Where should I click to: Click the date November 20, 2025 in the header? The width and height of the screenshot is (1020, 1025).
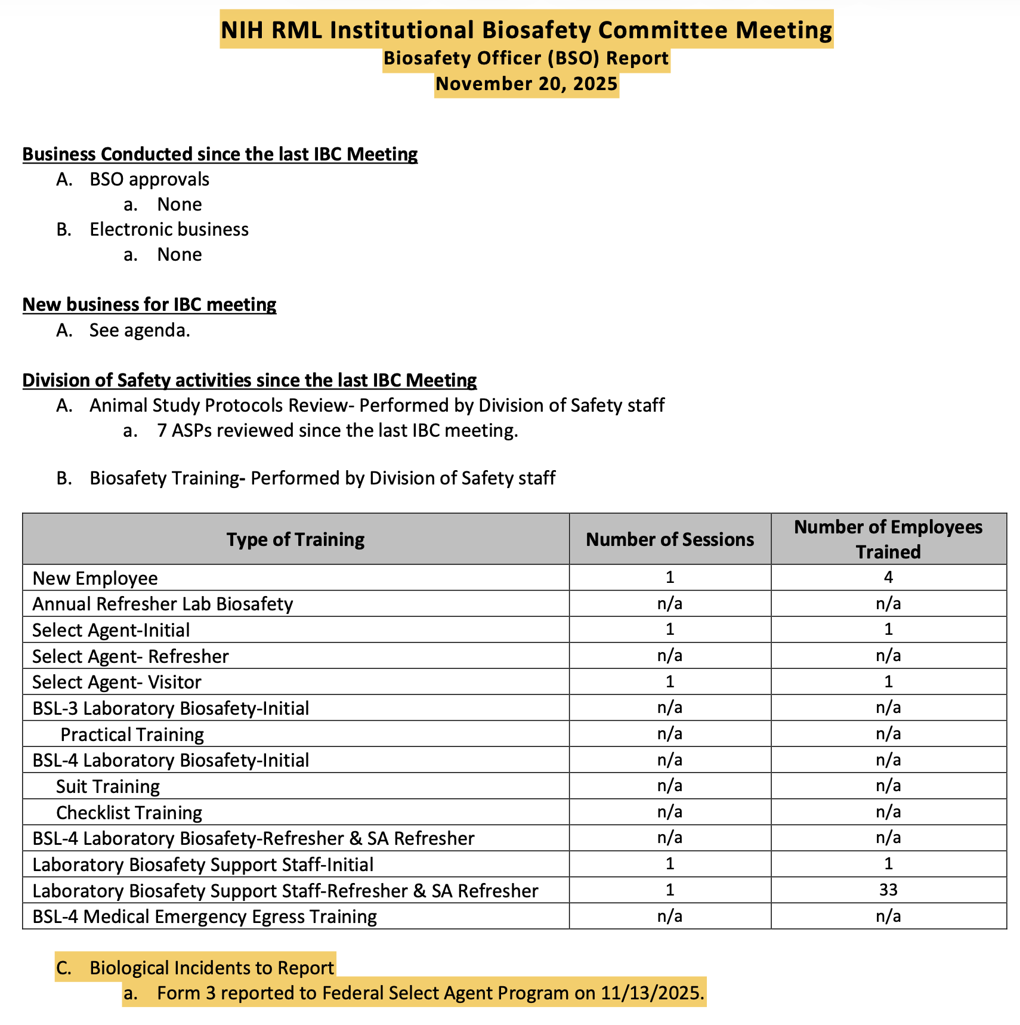[526, 84]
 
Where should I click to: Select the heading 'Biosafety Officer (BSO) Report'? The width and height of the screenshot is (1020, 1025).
[526, 58]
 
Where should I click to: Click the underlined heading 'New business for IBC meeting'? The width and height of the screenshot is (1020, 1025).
[149, 305]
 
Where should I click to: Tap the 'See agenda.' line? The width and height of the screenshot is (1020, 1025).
[140, 330]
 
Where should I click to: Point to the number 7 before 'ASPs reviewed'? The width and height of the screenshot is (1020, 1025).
[162, 431]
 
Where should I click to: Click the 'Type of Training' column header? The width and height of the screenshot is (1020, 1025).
[295, 539]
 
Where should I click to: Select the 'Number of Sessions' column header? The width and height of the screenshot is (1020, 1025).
[670, 539]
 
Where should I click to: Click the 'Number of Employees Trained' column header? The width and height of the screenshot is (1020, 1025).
[888, 539]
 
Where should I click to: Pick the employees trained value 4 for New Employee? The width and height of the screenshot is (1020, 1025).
[888, 578]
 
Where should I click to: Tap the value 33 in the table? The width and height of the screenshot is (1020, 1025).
[888, 890]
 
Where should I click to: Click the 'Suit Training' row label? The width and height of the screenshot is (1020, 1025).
[108, 786]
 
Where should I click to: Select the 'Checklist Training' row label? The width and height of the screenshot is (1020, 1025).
[129, 813]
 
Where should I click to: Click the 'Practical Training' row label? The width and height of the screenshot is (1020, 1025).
[132, 734]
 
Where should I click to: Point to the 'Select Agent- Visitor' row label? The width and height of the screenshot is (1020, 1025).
[117, 682]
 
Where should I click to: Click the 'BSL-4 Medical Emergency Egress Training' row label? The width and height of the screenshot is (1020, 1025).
[205, 916]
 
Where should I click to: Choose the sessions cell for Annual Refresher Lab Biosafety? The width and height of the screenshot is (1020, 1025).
[670, 604]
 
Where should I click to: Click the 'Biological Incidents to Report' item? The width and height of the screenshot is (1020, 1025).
[212, 968]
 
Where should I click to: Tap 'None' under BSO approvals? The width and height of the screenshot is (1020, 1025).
[180, 205]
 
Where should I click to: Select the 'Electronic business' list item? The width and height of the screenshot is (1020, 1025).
[169, 230]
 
